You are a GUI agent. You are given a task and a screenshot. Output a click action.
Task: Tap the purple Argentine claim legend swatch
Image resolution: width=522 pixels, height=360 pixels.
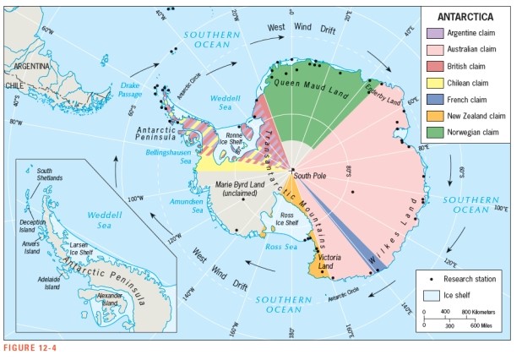(x=434, y=33)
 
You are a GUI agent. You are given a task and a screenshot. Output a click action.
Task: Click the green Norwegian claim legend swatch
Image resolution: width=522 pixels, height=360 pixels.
(x=434, y=132)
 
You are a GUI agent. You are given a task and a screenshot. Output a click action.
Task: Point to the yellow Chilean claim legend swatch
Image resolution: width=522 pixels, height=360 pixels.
(x=434, y=83)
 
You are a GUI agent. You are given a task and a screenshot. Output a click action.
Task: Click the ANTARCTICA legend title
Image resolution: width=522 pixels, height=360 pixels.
(x=470, y=16)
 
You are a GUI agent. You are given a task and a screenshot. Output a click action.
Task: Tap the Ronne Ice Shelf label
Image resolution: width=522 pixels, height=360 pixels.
(x=234, y=137)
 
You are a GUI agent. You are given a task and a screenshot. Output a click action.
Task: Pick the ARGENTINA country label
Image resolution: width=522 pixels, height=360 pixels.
(x=29, y=65)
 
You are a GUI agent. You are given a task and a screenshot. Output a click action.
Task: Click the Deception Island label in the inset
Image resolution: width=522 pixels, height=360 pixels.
(x=33, y=226)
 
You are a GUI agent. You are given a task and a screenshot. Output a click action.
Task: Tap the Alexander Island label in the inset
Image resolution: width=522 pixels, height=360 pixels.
(x=110, y=298)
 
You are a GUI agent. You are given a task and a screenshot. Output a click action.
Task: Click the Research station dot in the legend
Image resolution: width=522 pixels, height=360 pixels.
(x=432, y=278)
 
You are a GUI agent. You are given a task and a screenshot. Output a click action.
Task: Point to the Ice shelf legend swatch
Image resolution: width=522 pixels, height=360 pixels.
(x=432, y=293)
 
